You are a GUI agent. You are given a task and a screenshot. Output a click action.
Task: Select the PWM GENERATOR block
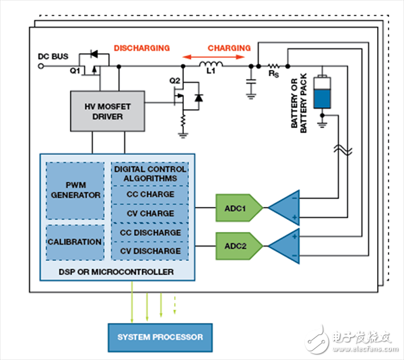click(75, 190)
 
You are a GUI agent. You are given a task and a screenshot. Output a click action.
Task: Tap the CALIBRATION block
click(75, 241)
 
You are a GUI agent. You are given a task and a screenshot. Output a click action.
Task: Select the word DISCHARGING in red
click(141, 49)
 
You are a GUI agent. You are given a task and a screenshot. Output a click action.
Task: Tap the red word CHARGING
click(229, 49)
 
